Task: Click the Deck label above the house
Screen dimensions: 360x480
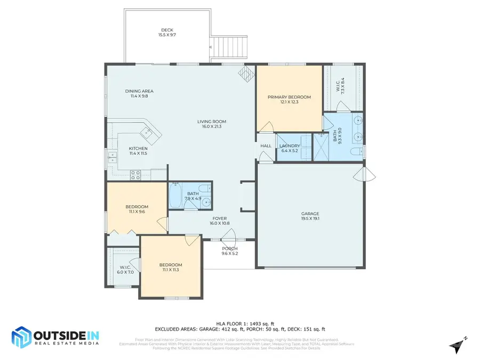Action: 167,30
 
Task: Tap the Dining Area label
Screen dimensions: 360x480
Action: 139,91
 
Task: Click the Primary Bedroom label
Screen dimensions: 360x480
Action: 289,97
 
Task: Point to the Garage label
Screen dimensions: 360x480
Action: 310,214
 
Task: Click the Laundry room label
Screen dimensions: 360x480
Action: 290,146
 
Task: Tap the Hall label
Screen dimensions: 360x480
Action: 266,146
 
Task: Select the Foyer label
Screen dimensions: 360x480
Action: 219,218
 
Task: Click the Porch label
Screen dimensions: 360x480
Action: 229,249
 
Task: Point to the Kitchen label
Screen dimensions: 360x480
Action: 138,148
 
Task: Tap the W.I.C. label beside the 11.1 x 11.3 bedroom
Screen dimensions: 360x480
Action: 126,267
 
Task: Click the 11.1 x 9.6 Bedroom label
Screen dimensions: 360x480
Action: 137,207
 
